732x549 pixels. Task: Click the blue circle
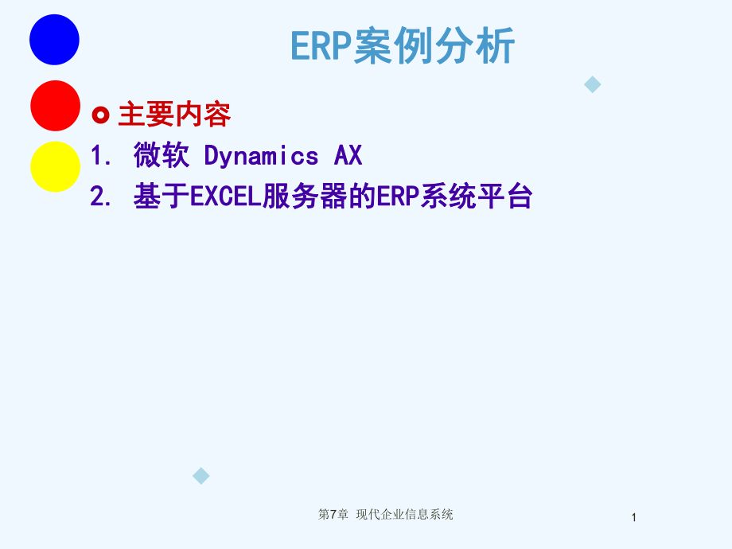click(x=54, y=39)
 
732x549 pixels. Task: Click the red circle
click(x=54, y=106)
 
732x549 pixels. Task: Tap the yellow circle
click(x=54, y=167)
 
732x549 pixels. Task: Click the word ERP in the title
click(x=321, y=46)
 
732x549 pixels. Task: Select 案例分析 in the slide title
click(x=434, y=46)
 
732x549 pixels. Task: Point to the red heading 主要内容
click(x=174, y=115)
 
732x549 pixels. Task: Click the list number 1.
click(x=99, y=157)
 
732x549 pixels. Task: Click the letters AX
click(x=348, y=157)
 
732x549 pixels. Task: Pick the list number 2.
click(x=99, y=197)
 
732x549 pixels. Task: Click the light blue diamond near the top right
click(x=593, y=84)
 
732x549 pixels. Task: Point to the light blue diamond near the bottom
click(x=201, y=476)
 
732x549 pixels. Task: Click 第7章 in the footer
click(x=333, y=515)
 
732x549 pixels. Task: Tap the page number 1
click(x=634, y=518)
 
